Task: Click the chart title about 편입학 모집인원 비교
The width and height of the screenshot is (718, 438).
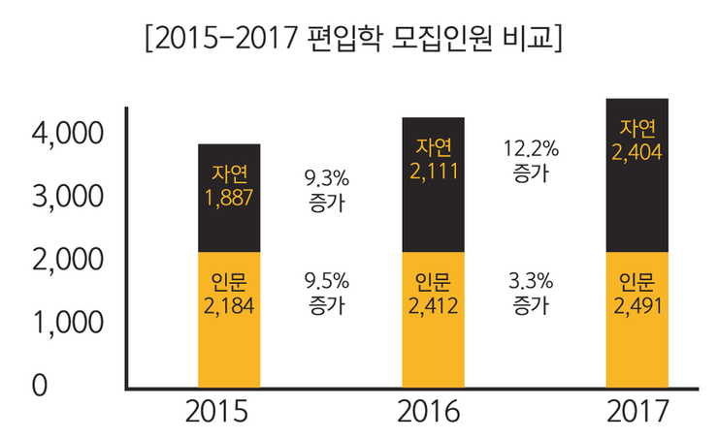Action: (x=352, y=41)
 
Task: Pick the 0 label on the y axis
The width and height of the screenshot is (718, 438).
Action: (x=39, y=385)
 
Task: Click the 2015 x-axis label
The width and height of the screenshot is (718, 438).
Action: (x=228, y=412)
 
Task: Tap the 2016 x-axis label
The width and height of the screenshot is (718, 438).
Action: (x=432, y=412)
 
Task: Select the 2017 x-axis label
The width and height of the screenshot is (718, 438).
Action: (x=636, y=412)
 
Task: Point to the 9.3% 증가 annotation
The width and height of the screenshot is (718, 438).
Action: (x=326, y=191)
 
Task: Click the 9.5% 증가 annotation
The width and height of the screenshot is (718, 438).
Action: (x=326, y=293)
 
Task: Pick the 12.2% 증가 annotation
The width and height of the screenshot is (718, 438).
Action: (x=531, y=161)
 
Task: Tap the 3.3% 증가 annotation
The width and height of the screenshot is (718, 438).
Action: (x=531, y=293)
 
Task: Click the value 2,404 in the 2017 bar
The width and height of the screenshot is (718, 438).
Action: (x=636, y=152)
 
